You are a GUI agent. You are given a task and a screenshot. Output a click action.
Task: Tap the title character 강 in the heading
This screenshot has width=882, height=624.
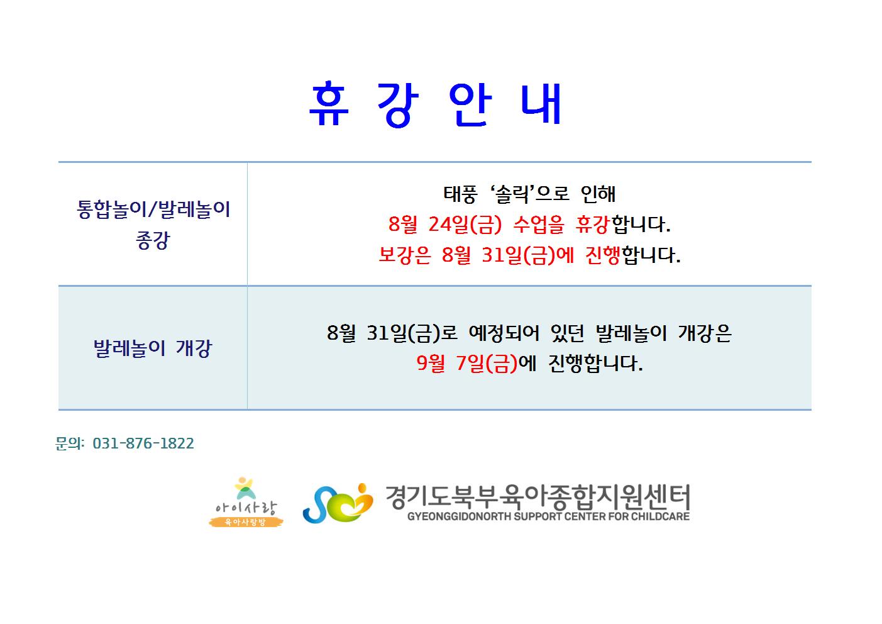coord(398,105)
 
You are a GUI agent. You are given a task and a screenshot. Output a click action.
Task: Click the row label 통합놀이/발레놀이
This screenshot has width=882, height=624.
coord(153,209)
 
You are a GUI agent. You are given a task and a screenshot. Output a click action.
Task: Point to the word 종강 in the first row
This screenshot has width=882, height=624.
coord(153,240)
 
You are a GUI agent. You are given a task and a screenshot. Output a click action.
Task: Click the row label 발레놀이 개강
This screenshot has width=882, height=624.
coord(153,348)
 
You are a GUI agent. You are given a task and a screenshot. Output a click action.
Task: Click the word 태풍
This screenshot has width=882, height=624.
coord(460,194)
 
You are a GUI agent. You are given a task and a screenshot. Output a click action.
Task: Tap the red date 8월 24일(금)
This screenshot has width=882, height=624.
coord(445,225)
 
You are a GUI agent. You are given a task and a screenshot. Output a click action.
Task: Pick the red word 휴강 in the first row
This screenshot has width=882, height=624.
coord(593,225)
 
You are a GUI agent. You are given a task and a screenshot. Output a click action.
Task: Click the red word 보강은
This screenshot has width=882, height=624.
coord(405,255)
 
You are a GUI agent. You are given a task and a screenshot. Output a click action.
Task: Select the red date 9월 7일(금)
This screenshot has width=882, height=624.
coord(467,363)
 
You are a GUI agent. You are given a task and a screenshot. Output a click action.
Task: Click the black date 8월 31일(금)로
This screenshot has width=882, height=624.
coord(392,333)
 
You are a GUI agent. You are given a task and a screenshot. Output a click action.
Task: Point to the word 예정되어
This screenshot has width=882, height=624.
coord(504,333)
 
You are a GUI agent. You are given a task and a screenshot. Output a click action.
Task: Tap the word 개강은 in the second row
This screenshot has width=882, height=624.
coord(705,333)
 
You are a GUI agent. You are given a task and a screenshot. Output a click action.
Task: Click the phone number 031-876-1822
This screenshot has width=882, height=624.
coord(143,443)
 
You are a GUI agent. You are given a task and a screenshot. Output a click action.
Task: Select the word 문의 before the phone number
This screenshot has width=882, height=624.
coord(69,443)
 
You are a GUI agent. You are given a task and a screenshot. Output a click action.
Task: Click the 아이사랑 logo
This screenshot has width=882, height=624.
coord(246,502)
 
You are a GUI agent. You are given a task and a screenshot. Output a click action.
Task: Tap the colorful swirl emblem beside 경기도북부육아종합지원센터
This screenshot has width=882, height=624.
coord(338,503)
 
